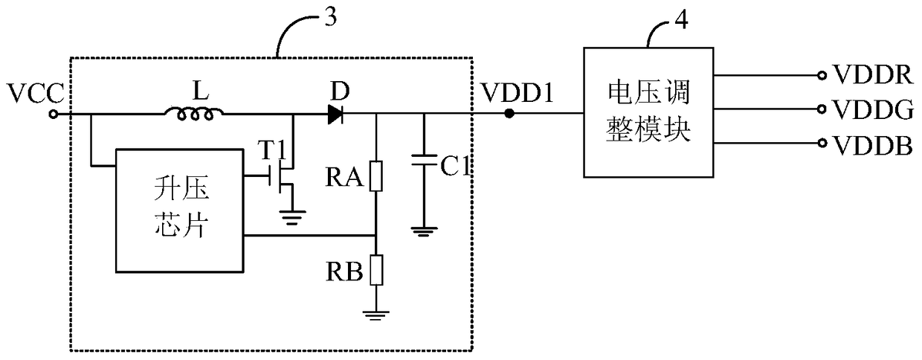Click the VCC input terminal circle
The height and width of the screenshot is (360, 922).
(x=54, y=114)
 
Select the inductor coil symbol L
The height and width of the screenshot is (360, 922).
(x=194, y=114)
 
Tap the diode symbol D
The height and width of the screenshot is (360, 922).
(x=335, y=114)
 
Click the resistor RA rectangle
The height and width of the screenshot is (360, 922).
(x=375, y=176)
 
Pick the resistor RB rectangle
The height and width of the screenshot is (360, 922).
(x=375, y=270)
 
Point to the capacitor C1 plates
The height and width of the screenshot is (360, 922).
(x=425, y=161)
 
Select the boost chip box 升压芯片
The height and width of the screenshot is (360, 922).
(x=179, y=210)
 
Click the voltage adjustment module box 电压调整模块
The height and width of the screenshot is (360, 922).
(x=648, y=112)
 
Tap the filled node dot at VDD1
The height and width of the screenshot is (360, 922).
(x=509, y=114)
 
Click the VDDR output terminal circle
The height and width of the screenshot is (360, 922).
(x=822, y=75)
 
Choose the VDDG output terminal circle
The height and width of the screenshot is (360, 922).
(x=822, y=109)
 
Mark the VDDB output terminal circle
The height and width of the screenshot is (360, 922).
(x=822, y=143)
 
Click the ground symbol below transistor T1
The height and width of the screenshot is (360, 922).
(x=292, y=217)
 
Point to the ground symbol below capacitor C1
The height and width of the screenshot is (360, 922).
(x=425, y=233)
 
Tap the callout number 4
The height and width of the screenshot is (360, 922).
(x=682, y=19)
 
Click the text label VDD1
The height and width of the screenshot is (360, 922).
(x=518, y=93)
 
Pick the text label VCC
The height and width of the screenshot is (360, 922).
(x=36, y=93)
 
